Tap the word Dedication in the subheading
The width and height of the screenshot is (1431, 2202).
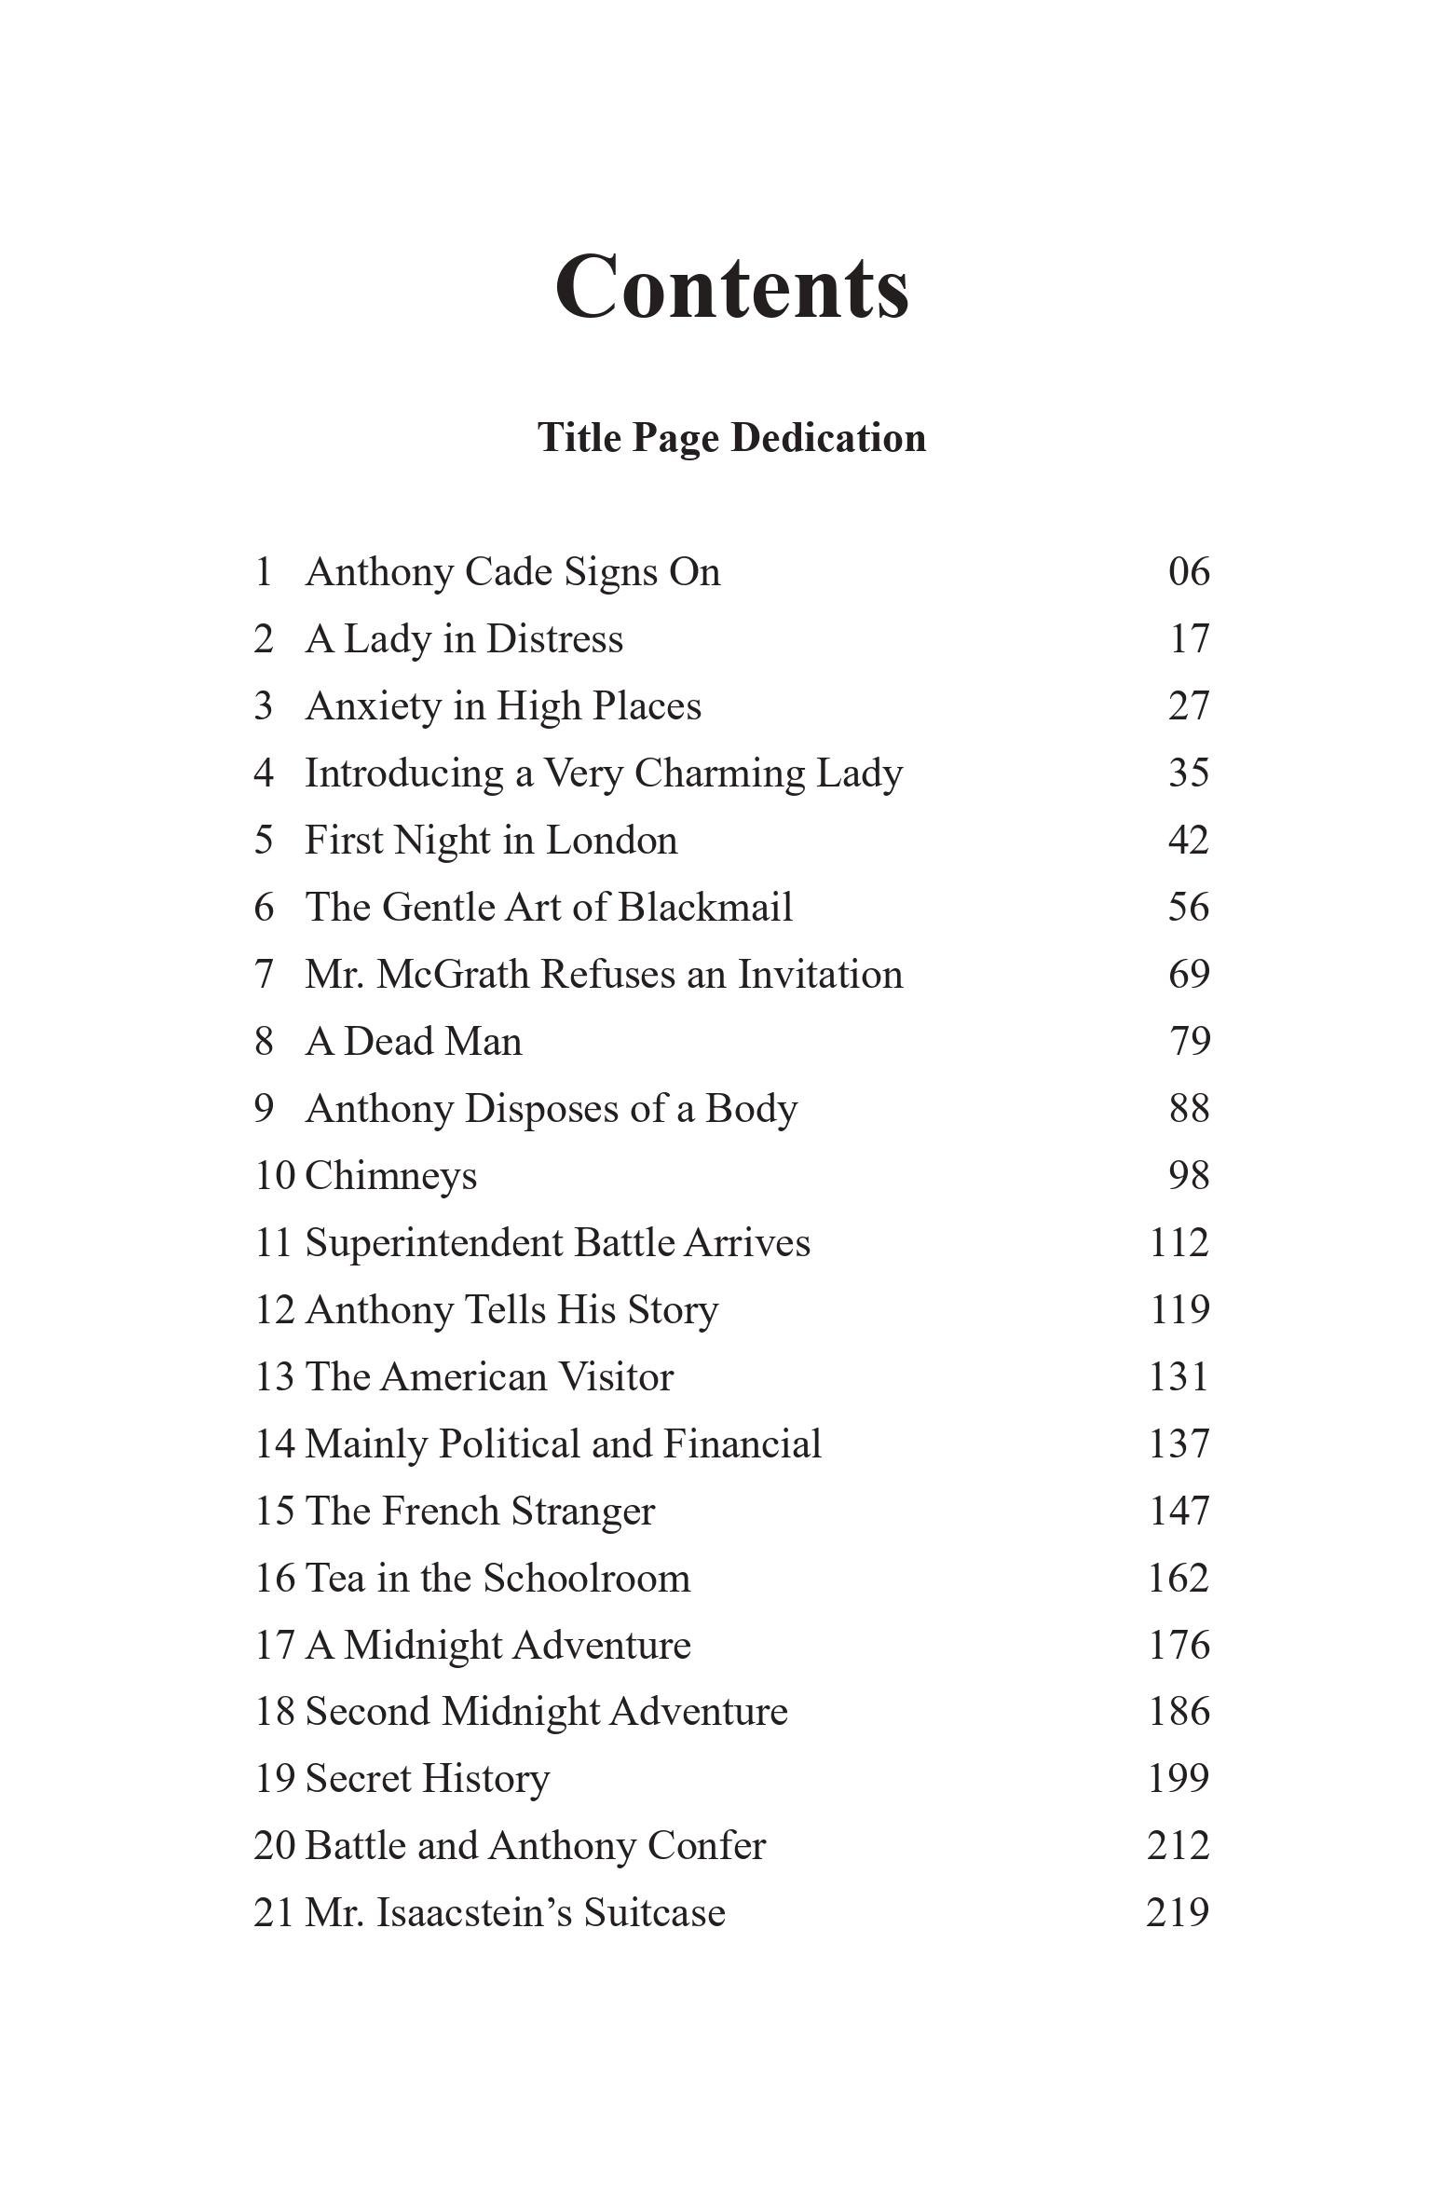point(828,438)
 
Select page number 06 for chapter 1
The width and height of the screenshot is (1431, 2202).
point(1189,571)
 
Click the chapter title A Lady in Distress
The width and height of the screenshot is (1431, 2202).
point(464,639)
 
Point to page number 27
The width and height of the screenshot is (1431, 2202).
point(1189,706)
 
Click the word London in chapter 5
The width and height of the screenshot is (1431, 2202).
point(611,841)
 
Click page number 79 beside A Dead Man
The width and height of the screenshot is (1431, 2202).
point(1190,1042)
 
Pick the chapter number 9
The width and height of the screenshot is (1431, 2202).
point(264,1109)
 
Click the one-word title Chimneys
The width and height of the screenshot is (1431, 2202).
point(391,1176)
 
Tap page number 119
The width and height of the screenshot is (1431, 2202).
point(1179,1310)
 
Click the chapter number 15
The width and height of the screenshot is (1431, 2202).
point(274,1511)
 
